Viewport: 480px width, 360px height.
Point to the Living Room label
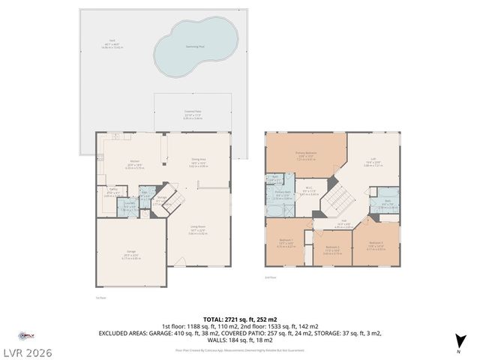click(197, 230)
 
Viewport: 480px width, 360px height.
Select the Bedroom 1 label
click(286, 242)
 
